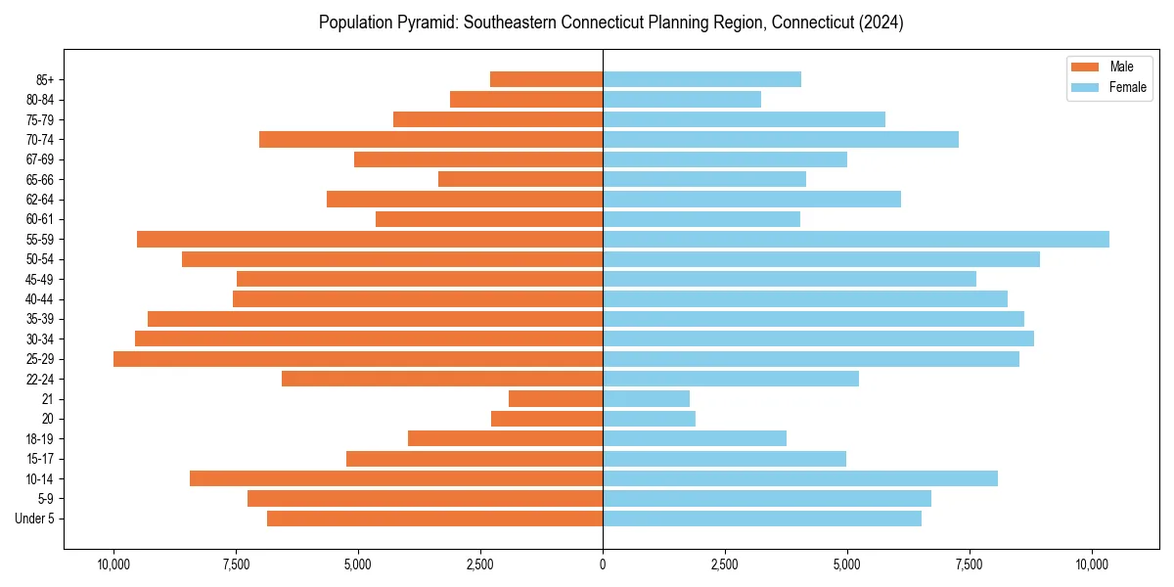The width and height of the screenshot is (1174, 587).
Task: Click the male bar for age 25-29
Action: pyautogui.click(x=358, y=359)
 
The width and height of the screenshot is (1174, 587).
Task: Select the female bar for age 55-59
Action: pyautogui.click(x=856, y=240)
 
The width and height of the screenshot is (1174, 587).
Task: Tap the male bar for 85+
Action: pyautogui.click(x=546, y=79)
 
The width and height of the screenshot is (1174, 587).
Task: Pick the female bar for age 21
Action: pyautogui.click(x=647, y=399)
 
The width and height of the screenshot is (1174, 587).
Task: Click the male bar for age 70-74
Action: pyautogui.click(x=430, y=140)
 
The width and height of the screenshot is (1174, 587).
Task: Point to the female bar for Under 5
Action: pyautogui.click(x=762, y=519)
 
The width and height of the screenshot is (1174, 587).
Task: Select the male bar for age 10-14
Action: pyautogui.click(x=396, y=478)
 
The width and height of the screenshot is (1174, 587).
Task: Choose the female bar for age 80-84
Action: pyautogui.click(x=682, y=100)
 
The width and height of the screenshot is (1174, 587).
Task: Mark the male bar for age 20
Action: pyautogui.click(x=547, y=419)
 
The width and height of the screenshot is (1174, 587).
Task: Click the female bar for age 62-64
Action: pyautogui.click(x=751, y=200)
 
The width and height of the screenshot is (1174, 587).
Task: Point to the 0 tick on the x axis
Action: pyautogui.click(x=603, y=564)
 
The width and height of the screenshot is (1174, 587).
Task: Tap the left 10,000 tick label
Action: pyautogui.click(x=113, y=564)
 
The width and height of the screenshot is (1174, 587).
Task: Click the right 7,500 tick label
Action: pyautogui.click(x=970, y=564)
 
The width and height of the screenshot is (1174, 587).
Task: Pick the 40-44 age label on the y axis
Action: pyautogui.click(x=40, y=299)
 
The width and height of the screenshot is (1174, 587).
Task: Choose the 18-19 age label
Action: pyautogui.click(x=40, y=439)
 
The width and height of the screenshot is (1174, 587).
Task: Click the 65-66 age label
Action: pyautogui.click(x=40, y=180)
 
